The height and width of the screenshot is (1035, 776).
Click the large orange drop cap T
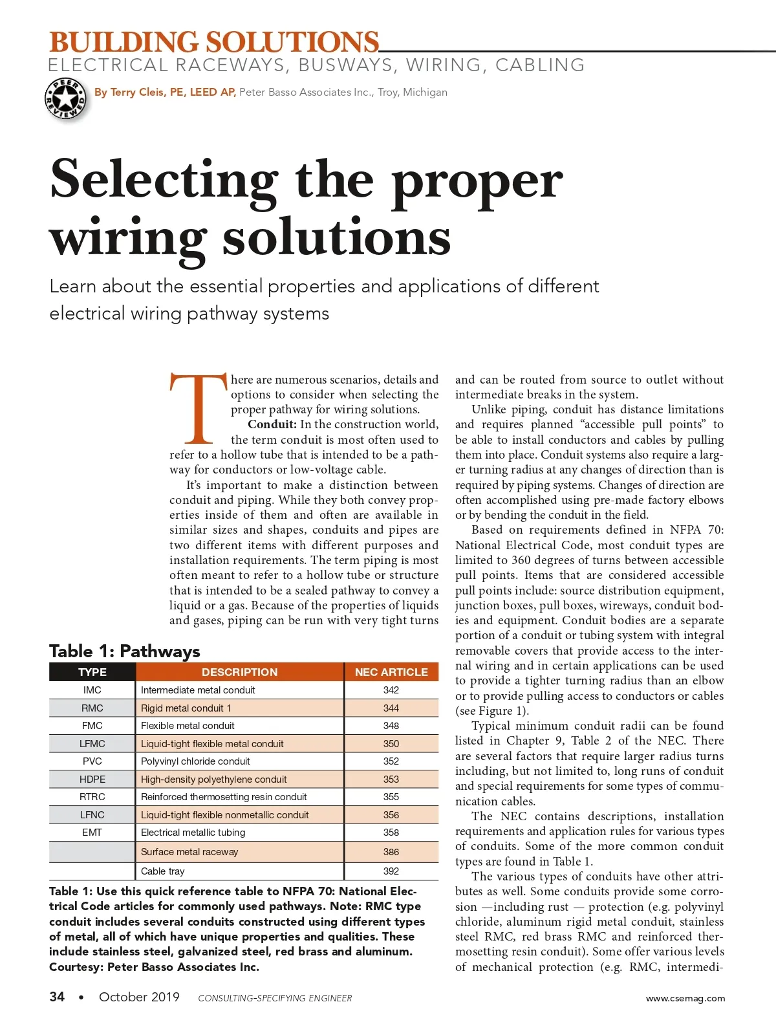coord(199,408)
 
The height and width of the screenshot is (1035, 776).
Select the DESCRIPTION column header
coord(239,672)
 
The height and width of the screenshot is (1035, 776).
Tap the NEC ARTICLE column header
coord(391,672)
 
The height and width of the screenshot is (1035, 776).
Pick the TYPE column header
coord(92,672)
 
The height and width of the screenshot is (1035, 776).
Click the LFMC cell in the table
coord(92,744)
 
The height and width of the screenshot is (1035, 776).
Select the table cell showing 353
coord(391,779)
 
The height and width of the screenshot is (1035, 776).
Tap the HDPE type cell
coord(92,779)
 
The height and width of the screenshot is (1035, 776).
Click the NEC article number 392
coord(391,871)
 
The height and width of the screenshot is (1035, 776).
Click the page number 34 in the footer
coord(57,997)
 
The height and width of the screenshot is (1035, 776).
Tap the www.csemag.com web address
coord(685,998)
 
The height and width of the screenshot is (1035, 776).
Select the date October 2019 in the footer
coord(139,997)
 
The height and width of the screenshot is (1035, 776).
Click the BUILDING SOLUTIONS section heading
coord(214,43)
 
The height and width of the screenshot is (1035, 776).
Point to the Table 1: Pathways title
coord(125,651)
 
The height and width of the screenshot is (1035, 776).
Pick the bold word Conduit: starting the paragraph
coord(272,424)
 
